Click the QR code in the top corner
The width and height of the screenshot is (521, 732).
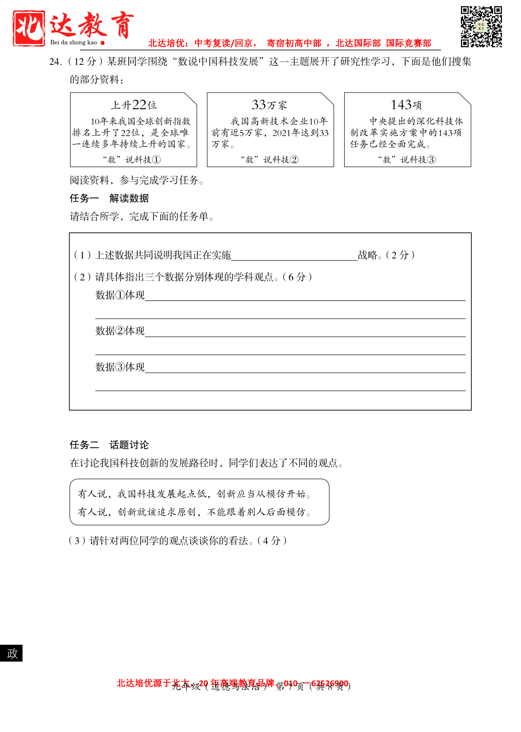481,27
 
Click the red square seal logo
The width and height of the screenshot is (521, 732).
29,28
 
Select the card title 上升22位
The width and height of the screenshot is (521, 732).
133,104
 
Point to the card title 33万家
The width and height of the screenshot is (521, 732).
269,104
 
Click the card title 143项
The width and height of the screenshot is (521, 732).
406,104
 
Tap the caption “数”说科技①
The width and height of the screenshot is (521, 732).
132,159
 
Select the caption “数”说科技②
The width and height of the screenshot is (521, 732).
269,159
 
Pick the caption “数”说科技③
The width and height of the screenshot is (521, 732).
407,159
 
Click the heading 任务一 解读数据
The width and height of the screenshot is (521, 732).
109,198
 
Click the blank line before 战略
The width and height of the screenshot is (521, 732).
294,256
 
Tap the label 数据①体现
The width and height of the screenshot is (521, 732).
120,295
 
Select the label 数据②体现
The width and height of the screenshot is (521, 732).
120,331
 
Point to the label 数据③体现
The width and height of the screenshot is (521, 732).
120,367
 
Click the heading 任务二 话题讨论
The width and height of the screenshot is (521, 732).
109,445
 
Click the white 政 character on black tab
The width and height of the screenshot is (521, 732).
12,653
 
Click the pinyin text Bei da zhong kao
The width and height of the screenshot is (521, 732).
73,42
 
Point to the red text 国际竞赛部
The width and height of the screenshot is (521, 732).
409,43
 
